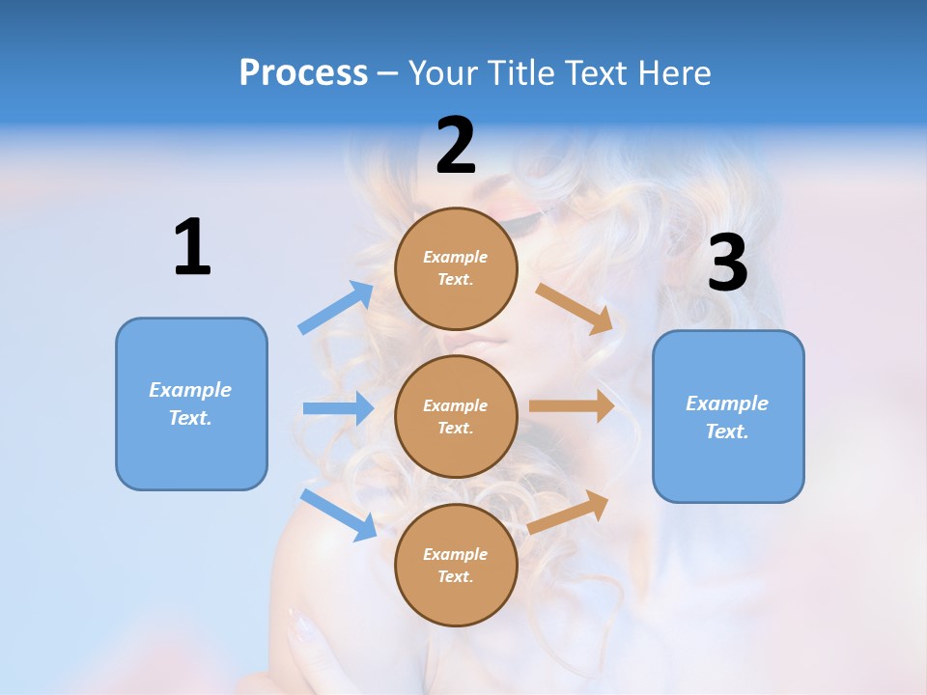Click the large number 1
click(192, 247)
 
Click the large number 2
click(456, 146)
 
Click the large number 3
click(727, 264)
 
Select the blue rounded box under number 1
click(191, 403)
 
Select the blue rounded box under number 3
click(728, 417)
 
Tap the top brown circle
click(456, 268)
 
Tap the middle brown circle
click(456, 416)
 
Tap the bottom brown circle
click(456, 565)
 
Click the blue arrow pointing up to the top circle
click(336, 307)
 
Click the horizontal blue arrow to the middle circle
click(338, 408)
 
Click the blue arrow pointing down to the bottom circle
click(338, 514)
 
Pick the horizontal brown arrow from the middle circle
click(572, 406)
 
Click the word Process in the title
click(303, 73)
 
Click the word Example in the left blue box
click(190, 390)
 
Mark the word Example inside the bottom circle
click(456, 554)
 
